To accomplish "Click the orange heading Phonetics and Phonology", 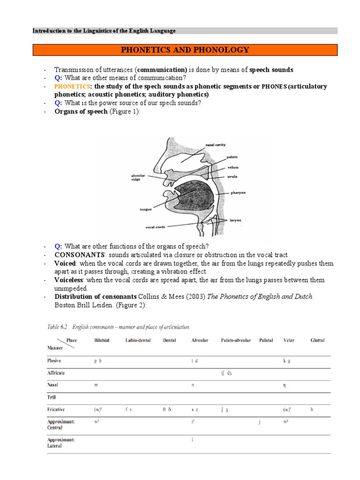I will click(x=185, y=50).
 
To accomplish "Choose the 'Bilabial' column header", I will click(x=102, y=340).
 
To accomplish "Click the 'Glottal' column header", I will click(x=317, y=340).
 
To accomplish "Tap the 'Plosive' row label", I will click(x=54, y=361).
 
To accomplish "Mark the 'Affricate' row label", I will click(x=56, y=373).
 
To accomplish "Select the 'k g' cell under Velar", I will click(x=287, y=361).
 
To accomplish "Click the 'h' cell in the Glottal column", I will click(x=312, y=409).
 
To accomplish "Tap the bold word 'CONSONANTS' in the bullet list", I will click(x=80, y=255).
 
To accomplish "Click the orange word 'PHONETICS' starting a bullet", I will click(x=71, y=87).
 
